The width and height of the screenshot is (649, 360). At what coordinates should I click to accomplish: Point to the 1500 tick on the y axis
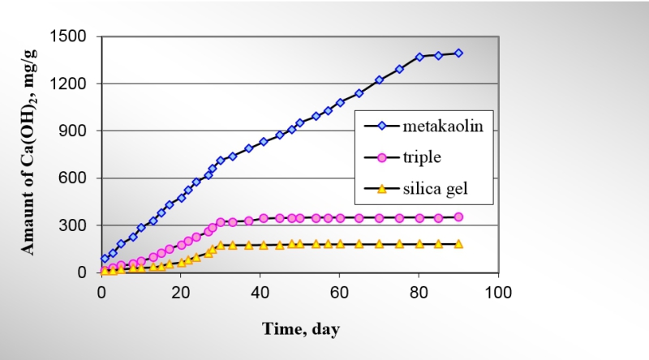[72, 36]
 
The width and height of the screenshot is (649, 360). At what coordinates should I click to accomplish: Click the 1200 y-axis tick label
[72, 84]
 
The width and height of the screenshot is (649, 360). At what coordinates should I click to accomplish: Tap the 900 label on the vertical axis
[76, 131]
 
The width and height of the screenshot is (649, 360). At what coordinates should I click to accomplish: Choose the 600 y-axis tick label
[76, 178]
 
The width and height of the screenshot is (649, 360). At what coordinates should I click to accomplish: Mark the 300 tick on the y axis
[76, 225]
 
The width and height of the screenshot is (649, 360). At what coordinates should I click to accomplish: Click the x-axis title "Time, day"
[300, 328]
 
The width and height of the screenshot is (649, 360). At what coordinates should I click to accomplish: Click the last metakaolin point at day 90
[458, 53]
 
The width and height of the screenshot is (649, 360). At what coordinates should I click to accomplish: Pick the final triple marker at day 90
[458, 216]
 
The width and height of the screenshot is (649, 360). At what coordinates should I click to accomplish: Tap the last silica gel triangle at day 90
[458, 243]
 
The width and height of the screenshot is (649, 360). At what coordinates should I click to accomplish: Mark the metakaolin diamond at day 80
[419, 57]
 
